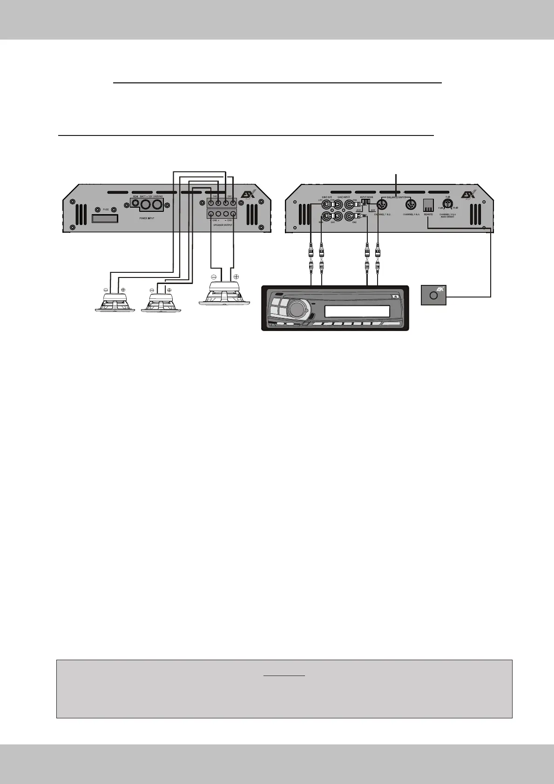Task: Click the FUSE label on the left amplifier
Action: coord(106,210)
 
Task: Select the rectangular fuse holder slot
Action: coord(105,218)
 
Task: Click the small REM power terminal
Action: coord(135,204)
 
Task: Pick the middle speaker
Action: coord(161,304)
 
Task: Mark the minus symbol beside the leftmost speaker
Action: coord(106,290)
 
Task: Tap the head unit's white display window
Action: coord(357,311)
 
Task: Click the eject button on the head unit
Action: coord(395,296)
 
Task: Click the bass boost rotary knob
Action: coord(448,203)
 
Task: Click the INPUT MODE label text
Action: coord(367,197)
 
